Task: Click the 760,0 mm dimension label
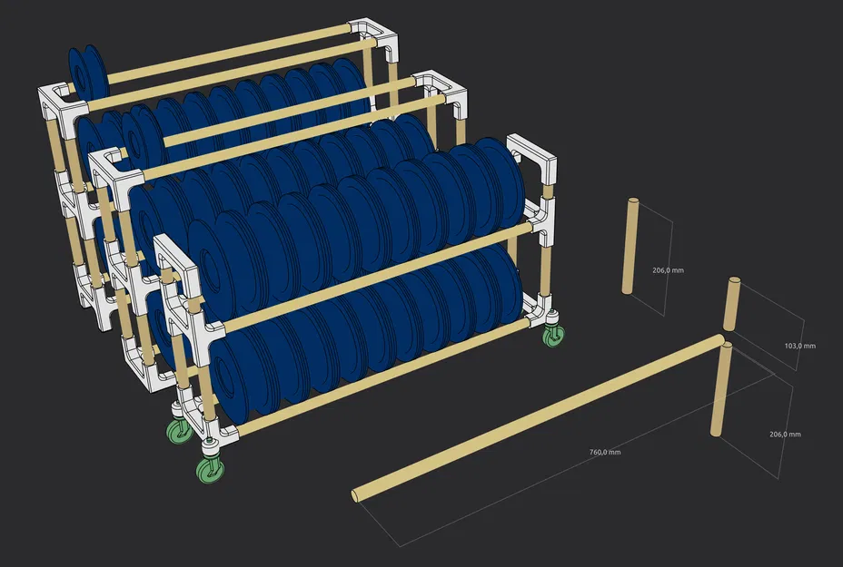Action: click(603, 452)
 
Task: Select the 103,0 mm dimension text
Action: click(799, 346)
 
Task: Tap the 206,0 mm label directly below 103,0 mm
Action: click(785, 435)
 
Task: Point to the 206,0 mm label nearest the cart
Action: click(668, 270)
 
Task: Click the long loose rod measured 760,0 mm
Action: click(536, 418)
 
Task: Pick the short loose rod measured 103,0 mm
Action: click(729, 307)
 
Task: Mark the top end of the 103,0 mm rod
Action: click(731, 284)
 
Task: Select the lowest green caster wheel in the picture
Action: click(211, 469)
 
